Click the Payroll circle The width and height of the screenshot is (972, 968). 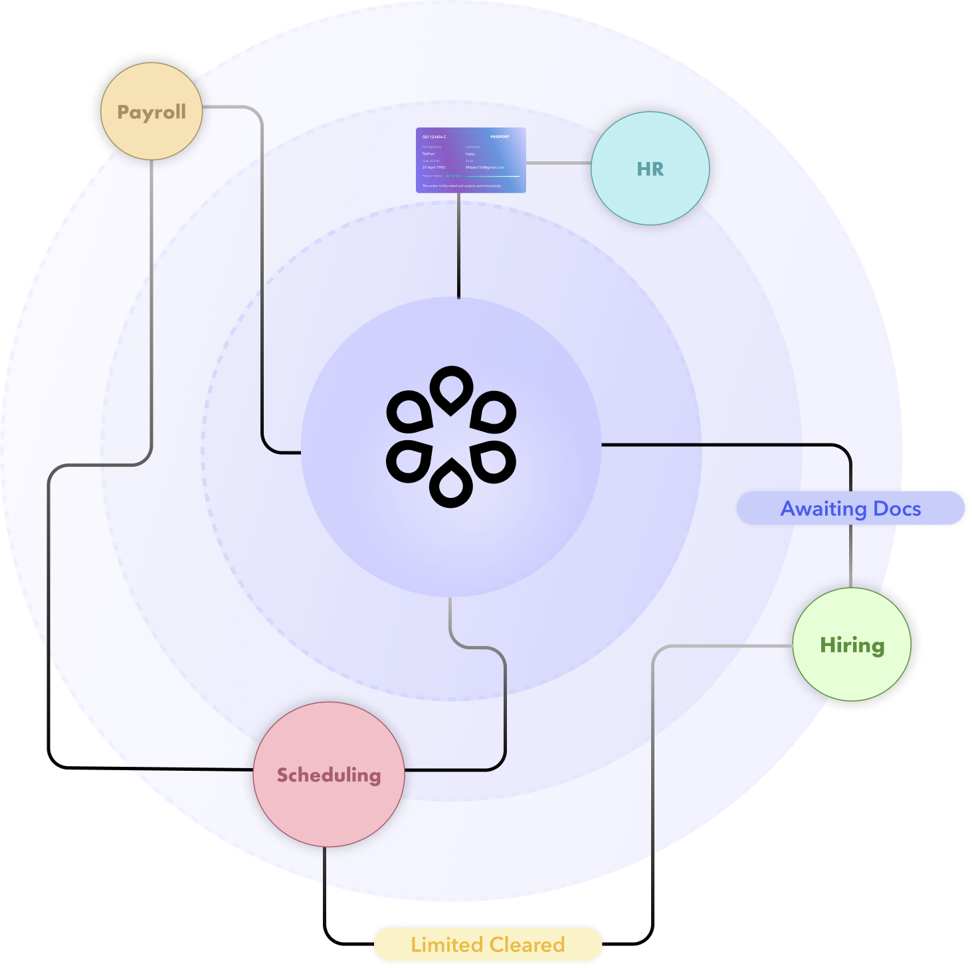pos(151,112)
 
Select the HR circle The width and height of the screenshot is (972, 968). pos(650,169)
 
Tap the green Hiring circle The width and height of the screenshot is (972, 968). pos(852,645)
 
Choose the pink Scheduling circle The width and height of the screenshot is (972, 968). pos(329,774)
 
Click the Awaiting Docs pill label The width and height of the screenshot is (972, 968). pos(850,509)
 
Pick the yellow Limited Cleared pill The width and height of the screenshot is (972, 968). pos(488,944)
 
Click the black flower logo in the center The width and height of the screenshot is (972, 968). pos(451,437)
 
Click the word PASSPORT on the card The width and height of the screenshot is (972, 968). pos(500,137)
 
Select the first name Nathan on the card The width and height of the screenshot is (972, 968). pos(429,154)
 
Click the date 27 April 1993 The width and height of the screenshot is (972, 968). pos(434,167)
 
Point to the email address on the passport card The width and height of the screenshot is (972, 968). pos(484,167)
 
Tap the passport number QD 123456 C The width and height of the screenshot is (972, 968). pos(435,137)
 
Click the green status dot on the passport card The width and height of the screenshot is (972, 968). pos(448,176)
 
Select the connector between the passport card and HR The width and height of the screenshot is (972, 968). pos(558,163)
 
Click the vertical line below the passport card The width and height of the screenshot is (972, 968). pos(458,246)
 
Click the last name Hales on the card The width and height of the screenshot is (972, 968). pos(470,154)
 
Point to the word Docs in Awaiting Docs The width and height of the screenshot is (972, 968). pos(897,509)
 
